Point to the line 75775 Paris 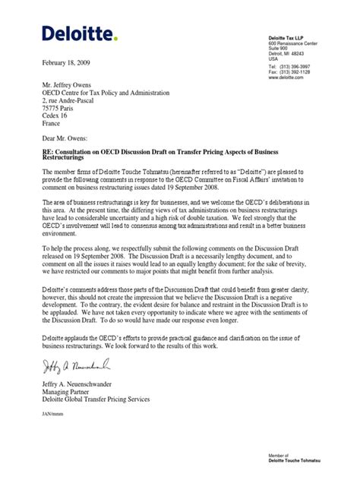63,109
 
